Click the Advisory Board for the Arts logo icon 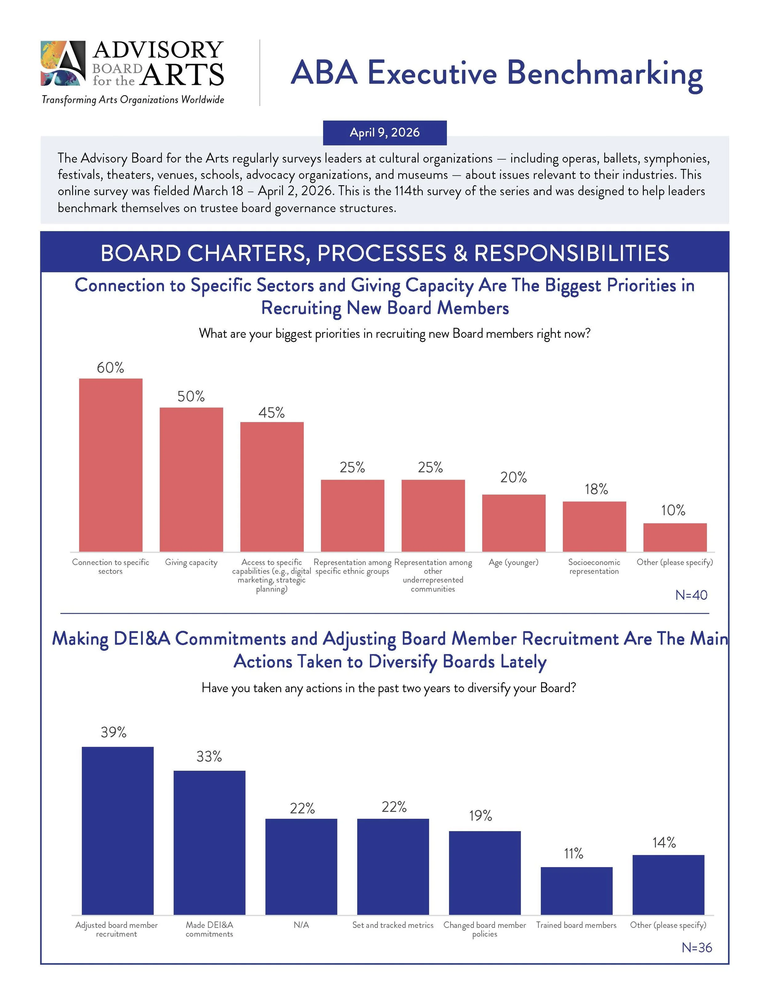[63, 63]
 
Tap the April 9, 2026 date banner [385, 133]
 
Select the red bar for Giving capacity [191, 479]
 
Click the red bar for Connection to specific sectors [111, 464]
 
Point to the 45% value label [271, 413]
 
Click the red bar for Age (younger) [513, 523]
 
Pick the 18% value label [596, 489]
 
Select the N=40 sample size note [691, 595]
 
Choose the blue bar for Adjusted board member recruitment [117, 831]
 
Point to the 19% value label [480, 816]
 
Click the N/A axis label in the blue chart [301, 925]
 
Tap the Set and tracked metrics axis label [393, 925]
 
